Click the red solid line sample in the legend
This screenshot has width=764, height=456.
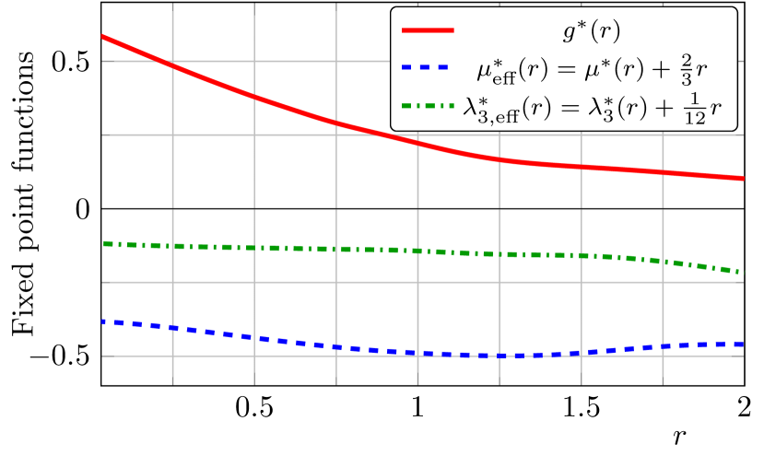tap(428, 31)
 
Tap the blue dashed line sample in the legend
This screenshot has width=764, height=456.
tap(428, 67)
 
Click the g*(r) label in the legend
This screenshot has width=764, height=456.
tap(591, 31)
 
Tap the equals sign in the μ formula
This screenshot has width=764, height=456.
tap(560, 67)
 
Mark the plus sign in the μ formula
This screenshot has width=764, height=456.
tap(668, 67)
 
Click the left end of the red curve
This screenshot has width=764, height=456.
tap(102, 37)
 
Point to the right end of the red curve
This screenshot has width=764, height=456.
tap(743, 178)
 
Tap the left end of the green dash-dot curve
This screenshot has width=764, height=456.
tap(102, 243)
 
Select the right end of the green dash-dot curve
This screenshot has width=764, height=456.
tap(742, 272)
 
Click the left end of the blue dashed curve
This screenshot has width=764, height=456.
tap(102, 322)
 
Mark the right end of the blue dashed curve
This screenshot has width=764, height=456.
tap(742, 344)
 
